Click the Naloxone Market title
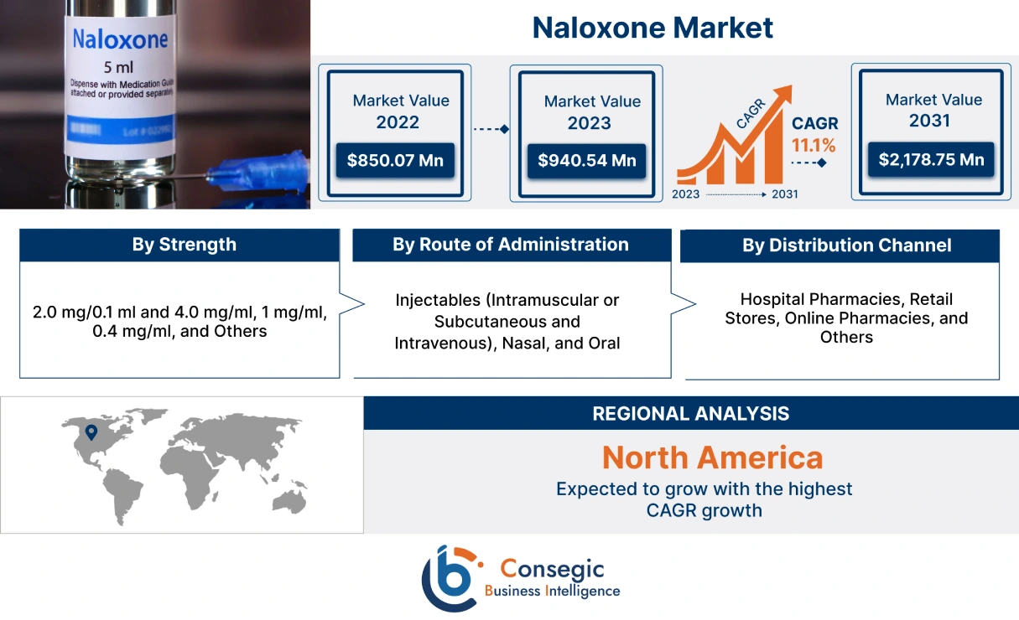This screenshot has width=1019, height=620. pyautogui.click(x=652, y=28)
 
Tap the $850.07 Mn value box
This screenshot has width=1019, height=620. pyautogui.click(x=396, y=159)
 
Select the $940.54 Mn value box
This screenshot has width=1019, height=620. pyautogui.click(x=586, y=160)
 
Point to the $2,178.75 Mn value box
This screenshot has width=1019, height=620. pyautogui.click(x=931, y=158)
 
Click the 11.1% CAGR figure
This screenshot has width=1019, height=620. pyautogui.click(x=814, y=145)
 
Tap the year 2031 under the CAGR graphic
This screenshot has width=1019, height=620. pyautogui.click(x=784, y=194)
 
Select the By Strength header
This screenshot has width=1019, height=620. pyautogui.click(x=184, y=245)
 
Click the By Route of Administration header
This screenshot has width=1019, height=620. pyautogui.click(x=510, y=245)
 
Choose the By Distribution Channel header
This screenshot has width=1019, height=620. pyautogui.click(x=846, y=245)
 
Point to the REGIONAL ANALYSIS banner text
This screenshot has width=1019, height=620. pyautogui.click(x=690, y=413)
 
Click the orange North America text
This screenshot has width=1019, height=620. pyautogui.click(x=712, y=457)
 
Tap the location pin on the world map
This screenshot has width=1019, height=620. pyautogui.click(x=91, y=432)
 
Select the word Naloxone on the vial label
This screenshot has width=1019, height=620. pyautogui.click(x=120, y=39)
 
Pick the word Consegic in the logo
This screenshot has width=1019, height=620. pyautogui.click(x=552, y=569)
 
